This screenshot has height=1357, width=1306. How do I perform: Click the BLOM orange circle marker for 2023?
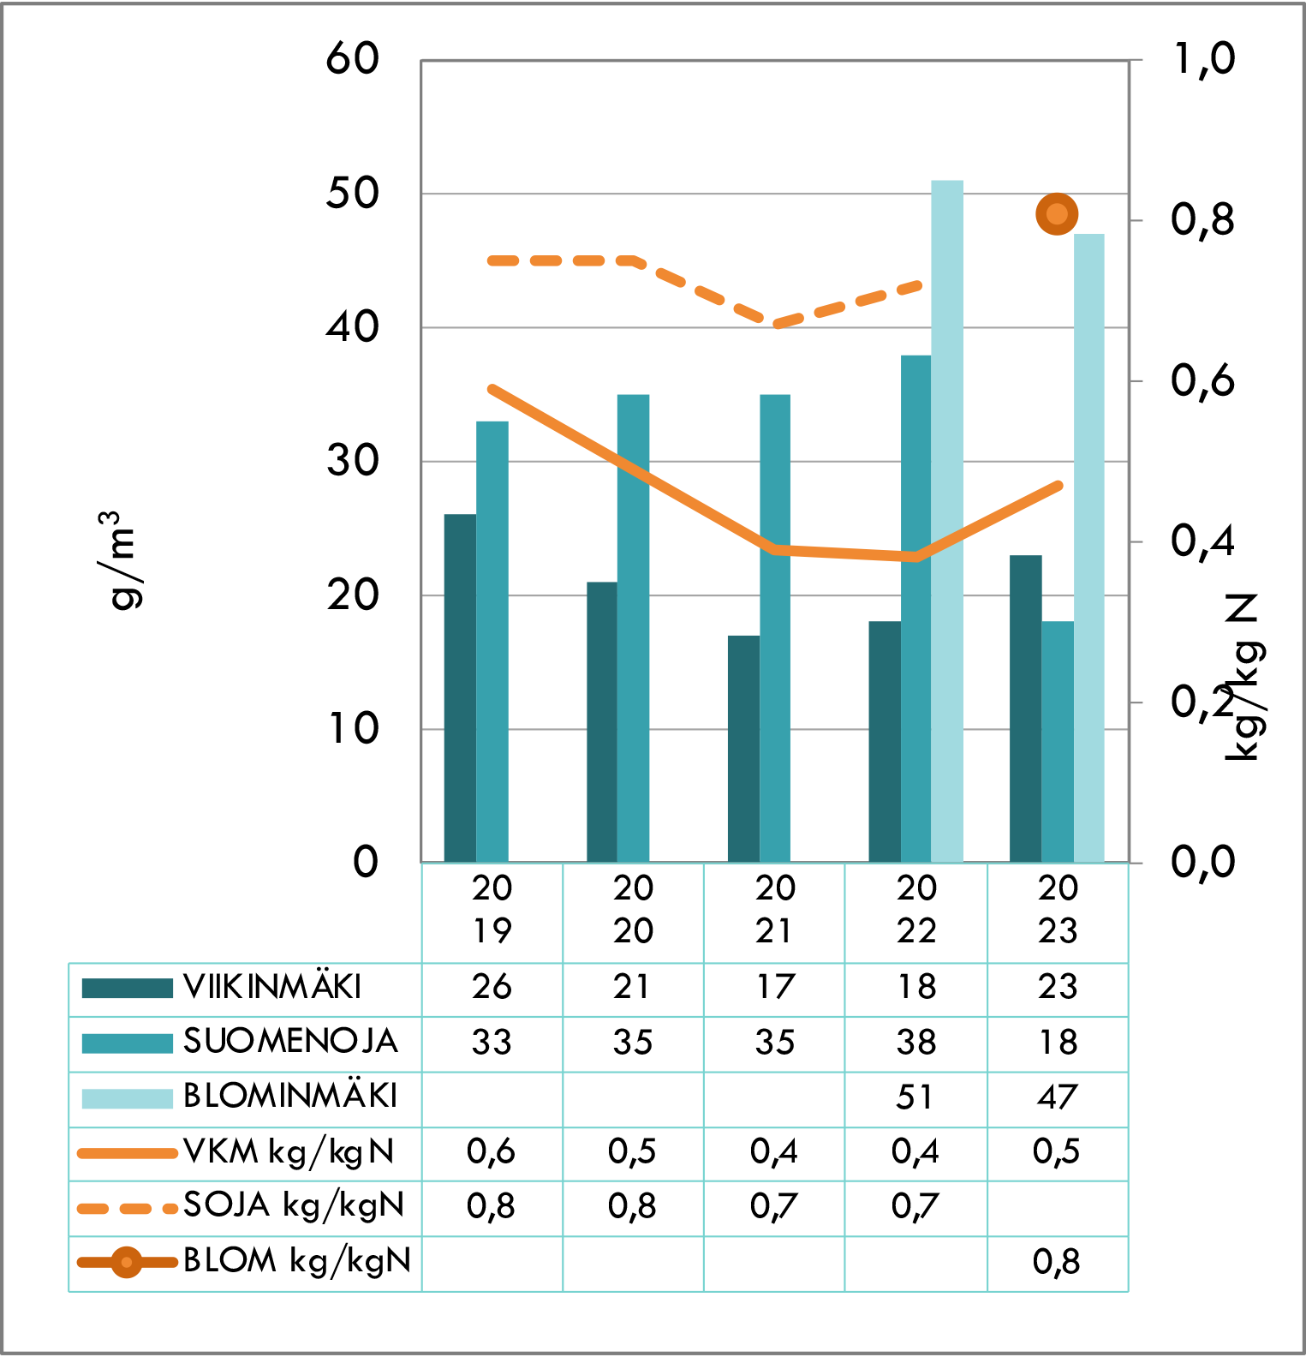(x=1057, y=214)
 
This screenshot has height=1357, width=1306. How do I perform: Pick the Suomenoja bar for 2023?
(x=1058, y=742)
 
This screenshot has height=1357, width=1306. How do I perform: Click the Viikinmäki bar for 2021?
(x=743, y=749)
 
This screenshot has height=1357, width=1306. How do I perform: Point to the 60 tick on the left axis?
(x=352, y=59)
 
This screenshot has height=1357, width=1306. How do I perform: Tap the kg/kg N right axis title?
(x=1243, y=677)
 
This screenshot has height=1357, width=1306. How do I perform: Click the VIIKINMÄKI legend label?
(x=272, y=987)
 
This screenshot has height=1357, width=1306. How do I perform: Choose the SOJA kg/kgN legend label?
(x=293, y=1205)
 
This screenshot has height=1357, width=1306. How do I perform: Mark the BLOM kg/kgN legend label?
(x=297, y=1260)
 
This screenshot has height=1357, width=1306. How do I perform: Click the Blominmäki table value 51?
(x=915, y=1097)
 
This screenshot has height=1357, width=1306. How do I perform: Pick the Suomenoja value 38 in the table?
(x=915, y=1043)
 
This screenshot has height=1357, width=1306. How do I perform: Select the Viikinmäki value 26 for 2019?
(x=492, y=987)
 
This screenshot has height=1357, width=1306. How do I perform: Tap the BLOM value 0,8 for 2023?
(x=1057, y=1262)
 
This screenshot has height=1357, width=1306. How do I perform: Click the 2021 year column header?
(x=775, y=910)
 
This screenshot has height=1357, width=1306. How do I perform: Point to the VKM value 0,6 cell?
(x=492, y=1151)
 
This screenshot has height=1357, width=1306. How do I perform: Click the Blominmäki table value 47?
(x=1057, y=1097)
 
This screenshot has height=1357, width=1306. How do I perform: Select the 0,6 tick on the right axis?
(x=1202, y=380)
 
